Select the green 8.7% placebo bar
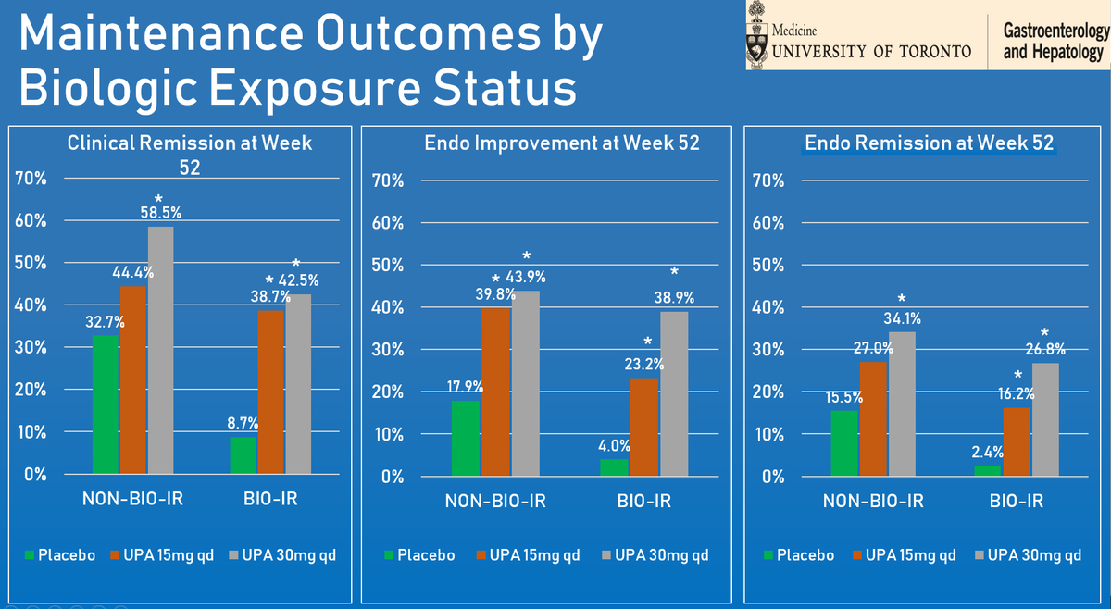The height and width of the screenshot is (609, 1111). (x=243, y=455)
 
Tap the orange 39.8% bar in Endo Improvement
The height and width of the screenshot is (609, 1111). (x=495, y=392)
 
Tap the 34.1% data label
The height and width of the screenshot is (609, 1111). (x=902, y=319)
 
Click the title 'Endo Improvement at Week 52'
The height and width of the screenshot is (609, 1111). (x=555, y=143)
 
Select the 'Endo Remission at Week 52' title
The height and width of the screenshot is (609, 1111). (x=930, y=143)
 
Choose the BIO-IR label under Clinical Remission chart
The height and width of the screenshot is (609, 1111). (x=270, y=501)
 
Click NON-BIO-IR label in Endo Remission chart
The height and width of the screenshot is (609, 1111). (x=873, y=503)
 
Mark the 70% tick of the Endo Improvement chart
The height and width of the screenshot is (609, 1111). (x=387, y=181)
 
